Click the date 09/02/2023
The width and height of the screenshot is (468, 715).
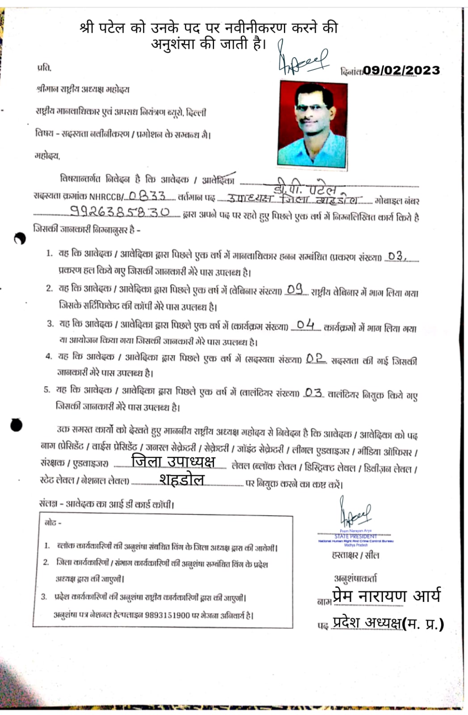401,70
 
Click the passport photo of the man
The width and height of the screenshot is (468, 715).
312,124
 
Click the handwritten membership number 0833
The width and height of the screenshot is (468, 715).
147,196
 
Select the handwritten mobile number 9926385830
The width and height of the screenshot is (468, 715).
120,211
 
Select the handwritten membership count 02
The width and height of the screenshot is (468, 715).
315,358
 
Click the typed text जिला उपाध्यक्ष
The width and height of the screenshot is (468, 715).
173,461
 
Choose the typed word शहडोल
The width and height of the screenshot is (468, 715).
181,480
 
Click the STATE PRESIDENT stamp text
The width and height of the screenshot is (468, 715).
355,536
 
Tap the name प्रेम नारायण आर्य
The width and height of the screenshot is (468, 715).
386,596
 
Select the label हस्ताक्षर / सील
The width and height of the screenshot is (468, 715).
355,555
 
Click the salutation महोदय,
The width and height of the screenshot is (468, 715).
47,156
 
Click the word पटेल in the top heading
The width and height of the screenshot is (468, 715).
110,28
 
